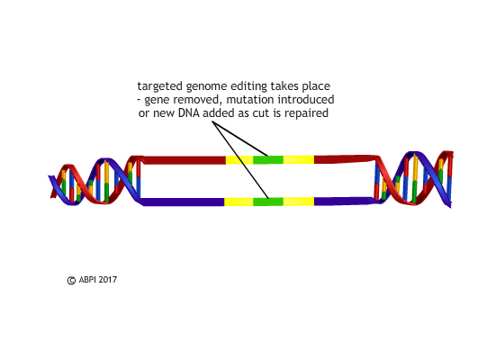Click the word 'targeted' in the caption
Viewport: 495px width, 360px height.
tap(159, 86)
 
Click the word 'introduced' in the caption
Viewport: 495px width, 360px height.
tap(306, 100)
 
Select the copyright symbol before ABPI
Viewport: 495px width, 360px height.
tap(71, 281)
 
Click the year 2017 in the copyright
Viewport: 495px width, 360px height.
tap(107, 280)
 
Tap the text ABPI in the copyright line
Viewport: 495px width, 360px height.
tap(87, 280)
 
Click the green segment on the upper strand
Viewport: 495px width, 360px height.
tap(268, 160)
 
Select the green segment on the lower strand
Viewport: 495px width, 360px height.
tap(268, 202)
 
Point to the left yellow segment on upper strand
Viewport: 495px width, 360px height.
tap(239, 160)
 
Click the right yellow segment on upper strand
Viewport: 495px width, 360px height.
tap(299, 160)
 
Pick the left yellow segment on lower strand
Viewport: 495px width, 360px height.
tap(238, 202)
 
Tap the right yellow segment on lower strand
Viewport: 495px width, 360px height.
tap(299, 202)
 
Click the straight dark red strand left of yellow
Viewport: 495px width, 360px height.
tap(184, 160)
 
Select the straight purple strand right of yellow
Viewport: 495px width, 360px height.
tap(344, 202)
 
